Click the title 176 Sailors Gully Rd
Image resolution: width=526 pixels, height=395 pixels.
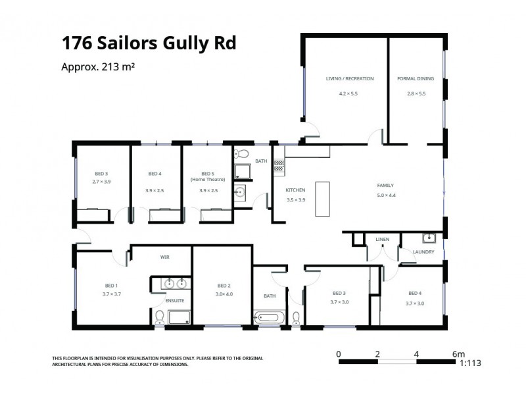coord(149,43)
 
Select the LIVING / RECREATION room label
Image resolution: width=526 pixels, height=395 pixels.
coord(350,78)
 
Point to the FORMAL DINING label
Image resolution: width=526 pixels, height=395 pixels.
coord(416,78)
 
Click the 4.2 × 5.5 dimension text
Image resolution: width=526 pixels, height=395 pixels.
coord(348,93)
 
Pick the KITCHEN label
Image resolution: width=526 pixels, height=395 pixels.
coord(295,190)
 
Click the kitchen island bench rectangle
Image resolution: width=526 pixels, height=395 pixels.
coord(322,198)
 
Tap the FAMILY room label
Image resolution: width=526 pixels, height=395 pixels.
coord(385,185)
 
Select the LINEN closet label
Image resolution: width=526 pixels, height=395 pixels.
coord(382,239)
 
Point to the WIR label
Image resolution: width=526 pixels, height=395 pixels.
coord(165,257)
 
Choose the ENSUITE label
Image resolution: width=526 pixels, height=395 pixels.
coord(175,301)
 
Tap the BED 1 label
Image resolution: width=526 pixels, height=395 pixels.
coord(111,285)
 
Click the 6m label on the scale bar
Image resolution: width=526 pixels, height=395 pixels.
coord(459,354)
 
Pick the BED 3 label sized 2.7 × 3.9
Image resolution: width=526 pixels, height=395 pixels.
coord(101,174)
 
